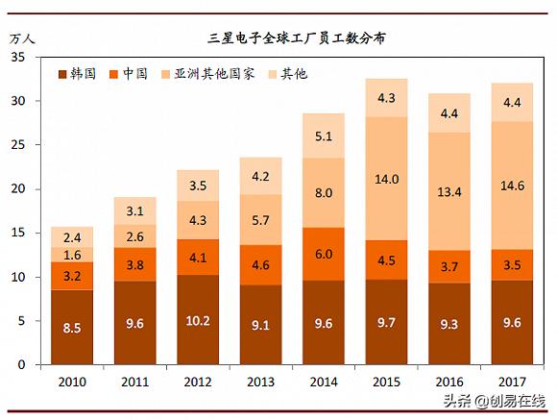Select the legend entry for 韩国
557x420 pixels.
pos(78,73)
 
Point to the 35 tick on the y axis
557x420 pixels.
pos(18,58)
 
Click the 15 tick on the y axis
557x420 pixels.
pos(18,234)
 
